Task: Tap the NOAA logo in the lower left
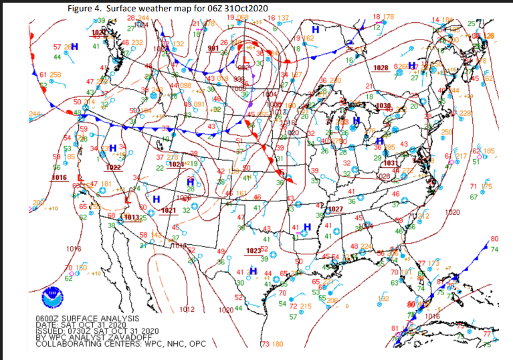51,294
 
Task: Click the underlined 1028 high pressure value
381,68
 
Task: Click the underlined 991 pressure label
213,49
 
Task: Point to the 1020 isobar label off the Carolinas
452,212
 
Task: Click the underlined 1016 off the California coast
60,177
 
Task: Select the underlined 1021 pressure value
169,211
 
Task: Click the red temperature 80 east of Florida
494,239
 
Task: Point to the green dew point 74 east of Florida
494,249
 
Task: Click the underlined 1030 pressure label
384,106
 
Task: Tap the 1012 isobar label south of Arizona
187,309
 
